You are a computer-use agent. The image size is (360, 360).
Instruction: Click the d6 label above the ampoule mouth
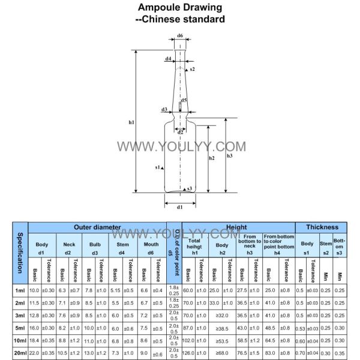click(180, 36)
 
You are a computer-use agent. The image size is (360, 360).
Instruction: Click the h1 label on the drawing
click(131, 122)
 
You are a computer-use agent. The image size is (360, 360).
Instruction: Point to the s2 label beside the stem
click(192, 70)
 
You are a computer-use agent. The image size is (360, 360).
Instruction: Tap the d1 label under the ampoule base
click(179, 207)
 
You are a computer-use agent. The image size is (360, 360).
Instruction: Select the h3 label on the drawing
click(230, 156)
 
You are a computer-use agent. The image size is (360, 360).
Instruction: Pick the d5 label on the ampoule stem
click(184, 100)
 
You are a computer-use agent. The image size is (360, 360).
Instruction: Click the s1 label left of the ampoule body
click(157, 167)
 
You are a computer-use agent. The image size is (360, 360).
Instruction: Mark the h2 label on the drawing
click(211, 158)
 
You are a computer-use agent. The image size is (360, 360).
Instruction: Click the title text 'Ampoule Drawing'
click(180, 8)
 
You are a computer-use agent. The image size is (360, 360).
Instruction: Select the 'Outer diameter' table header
click(98, 228)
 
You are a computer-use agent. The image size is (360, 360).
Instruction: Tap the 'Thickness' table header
click(323, 228)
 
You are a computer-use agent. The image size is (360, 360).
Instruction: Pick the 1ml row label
click(20, 290)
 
